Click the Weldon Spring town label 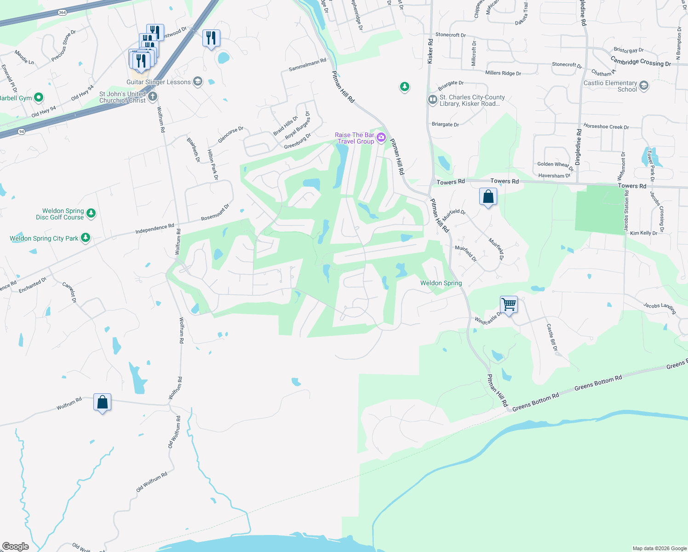point(441,283)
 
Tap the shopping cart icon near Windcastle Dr point(509,305)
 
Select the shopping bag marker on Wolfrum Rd point(102,402)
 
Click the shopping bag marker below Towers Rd point(488,196)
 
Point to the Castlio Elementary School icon point(644,86)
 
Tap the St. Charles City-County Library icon point(432,100)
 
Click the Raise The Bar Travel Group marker point(381,138)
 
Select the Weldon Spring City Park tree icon point(85,238)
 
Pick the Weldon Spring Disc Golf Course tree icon point(91,213)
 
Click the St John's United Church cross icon point(153,97)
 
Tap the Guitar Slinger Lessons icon point(197,81)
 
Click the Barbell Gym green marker point(39,97)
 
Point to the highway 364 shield point(63,12)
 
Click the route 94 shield point(22,132)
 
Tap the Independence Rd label point(155,229)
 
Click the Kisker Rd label point(430,51)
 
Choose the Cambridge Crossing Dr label point(641,62)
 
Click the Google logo point(16,546)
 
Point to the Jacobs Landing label point(659,308)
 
